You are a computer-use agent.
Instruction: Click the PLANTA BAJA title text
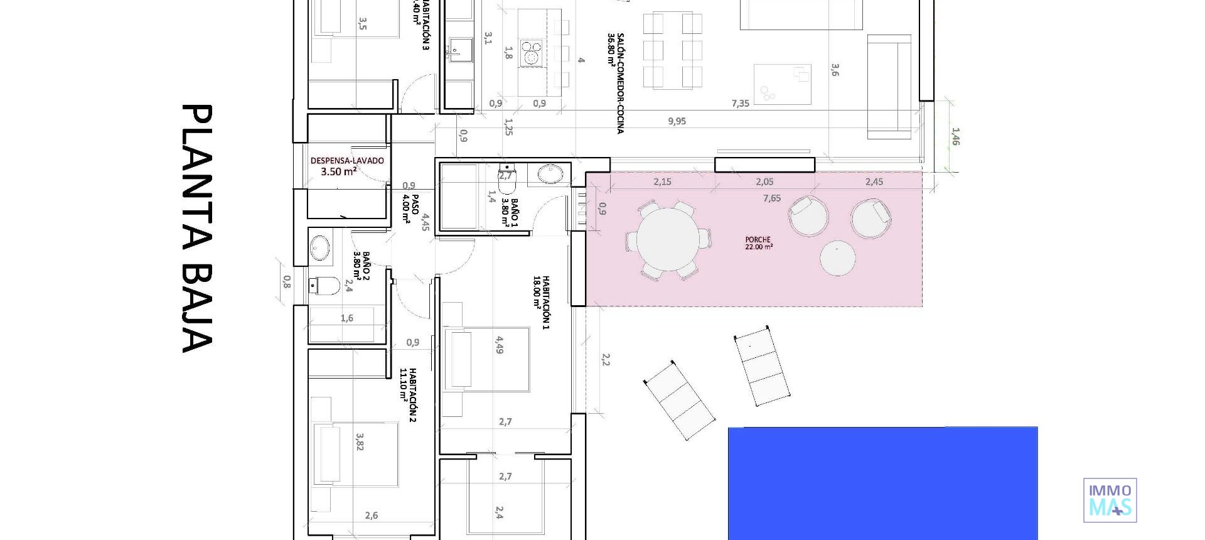(x=196, y=229)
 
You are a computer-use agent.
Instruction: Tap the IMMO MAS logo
(x=1110, y=500)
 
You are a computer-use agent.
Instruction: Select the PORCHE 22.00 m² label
(x=758, y=244)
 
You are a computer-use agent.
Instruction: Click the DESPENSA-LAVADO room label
(x=346, y=166)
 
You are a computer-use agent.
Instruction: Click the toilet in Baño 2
(x=325, y=286)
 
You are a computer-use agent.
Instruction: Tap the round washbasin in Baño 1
(x=551, y=173)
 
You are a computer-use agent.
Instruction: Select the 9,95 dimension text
(x=677, y=121)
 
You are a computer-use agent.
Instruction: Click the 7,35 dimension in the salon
(x=740, y=104)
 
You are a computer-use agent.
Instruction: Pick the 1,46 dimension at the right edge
(x=955, y=136)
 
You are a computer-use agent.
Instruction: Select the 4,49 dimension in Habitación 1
(x=499, y=345)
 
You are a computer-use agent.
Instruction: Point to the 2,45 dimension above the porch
(x=874, y=182)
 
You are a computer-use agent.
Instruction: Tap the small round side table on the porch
(x=837, y=258)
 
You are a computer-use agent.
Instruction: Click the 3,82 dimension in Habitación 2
(x=360, y=441)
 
